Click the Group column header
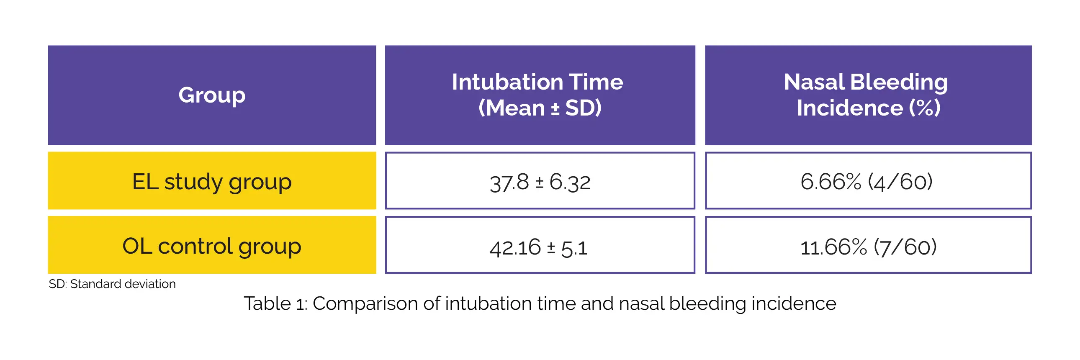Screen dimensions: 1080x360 click(212, 95)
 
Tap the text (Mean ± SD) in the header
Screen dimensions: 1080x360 click(540, 108)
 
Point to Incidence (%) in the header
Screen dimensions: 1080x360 click(868, 108)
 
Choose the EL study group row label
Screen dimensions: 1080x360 click(212, 182)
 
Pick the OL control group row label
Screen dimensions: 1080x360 click(212, 246)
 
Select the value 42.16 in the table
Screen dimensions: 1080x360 click(515, 247)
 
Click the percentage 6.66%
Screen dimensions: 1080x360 click(831, 182)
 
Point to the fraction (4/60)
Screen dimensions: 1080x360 click(900, 182)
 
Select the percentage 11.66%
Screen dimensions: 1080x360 click(833, 247)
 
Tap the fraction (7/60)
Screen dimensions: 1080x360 click(905, 247)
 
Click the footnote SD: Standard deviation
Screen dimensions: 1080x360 click(112, 284)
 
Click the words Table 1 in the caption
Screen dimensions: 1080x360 click(275, 303)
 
